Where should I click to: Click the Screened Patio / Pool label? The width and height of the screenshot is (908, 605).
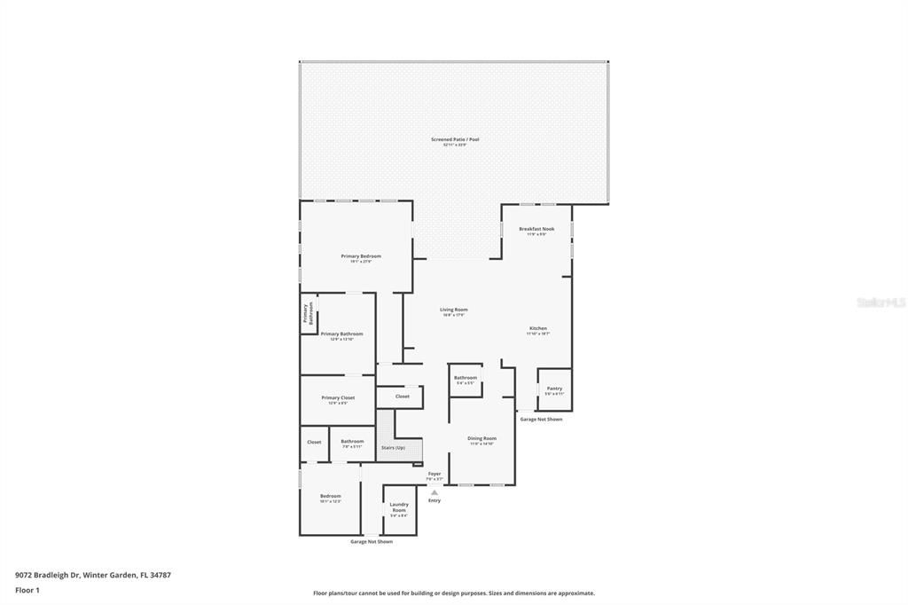pos(455,139)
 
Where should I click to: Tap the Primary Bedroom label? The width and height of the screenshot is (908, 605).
pos(361,256)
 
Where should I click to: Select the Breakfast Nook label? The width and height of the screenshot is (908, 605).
pos(536,229)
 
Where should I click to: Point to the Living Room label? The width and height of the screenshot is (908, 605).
pos(454,310)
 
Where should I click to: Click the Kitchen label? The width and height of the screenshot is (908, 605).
pos(538,328)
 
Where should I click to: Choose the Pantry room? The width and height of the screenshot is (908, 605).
pos(554,389)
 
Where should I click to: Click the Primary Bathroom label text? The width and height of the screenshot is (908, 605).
pos(341,334)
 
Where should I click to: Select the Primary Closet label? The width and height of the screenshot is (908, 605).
pos(338,397)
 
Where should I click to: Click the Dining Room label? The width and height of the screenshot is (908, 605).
pos(481,438)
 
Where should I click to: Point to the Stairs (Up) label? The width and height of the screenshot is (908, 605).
pos(393,447)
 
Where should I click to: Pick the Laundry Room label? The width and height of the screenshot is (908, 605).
pos(399,507)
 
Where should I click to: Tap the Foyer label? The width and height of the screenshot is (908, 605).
pos(434,474)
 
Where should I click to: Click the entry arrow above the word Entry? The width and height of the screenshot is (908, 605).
pos(434,492)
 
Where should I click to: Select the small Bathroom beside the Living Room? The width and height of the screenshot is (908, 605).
pos(466,379)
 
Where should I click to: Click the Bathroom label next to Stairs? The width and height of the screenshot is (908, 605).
pos(352,441)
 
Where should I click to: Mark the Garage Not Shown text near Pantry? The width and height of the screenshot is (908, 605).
pos(541,419)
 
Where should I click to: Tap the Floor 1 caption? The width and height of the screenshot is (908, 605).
pos(27,590)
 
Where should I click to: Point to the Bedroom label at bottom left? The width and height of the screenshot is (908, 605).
pos(330,496)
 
